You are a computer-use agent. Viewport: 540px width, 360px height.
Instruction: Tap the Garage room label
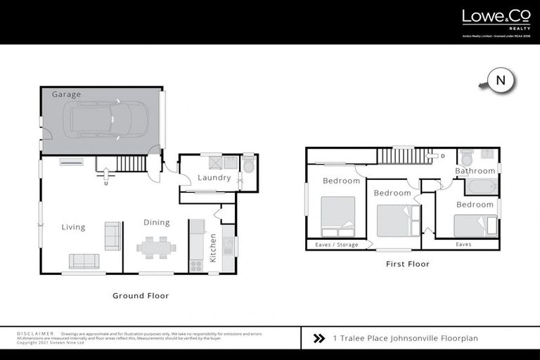[66, 94]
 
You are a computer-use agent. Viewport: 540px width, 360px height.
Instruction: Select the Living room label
[73, 227]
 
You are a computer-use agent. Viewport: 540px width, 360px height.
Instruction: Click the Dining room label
[156, 223]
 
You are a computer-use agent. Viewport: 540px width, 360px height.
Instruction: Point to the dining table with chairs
[156, 247]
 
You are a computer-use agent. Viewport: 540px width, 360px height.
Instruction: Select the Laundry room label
[214, 178]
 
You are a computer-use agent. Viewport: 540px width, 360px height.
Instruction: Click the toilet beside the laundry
[248, 166]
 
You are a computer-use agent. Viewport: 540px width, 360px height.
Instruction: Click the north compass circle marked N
[501, 82]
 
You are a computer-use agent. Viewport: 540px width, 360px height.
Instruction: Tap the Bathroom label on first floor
[475, 171]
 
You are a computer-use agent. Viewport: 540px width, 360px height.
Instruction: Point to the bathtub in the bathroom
[481, 186]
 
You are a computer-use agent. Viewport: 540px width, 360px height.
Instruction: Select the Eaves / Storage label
[336, 245]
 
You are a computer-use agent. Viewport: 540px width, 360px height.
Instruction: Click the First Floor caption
[407, 264]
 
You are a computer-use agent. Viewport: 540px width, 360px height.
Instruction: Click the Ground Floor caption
[141, 296]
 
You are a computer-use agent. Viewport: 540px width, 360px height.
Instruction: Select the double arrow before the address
[318, 338]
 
